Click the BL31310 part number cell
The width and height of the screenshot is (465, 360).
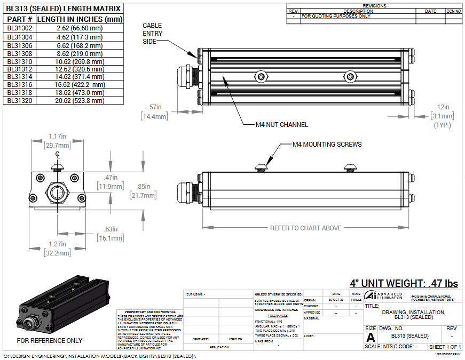pos(20,61)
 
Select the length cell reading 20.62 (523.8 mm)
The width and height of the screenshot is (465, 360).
pos(80,100)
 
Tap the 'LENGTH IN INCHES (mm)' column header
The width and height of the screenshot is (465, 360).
pos(80,19)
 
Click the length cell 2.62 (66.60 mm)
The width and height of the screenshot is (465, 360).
pos(80,28)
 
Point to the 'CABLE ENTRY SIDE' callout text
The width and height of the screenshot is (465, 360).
pos(153,33)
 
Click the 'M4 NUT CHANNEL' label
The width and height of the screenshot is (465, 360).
pos(282,125)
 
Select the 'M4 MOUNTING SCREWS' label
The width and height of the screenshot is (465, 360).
pos(327,144)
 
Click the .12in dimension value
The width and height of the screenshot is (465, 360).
pos(443,107)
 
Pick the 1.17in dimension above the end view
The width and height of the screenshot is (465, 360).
pos(57,137)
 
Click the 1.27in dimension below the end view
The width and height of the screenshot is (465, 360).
pos(57,245)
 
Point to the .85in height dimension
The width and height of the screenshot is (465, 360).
pos(143,187)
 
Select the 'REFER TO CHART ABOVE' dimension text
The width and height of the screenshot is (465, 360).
pos(305,228)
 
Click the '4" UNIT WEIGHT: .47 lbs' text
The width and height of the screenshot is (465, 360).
pos(404,283)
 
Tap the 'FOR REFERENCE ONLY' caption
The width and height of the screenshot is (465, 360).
pos(50,340)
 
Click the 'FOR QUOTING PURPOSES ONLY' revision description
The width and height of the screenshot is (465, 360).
pos(336,16)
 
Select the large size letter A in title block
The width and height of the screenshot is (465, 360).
pos(371,338)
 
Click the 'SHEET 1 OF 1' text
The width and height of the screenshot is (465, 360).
pos(445,347)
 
